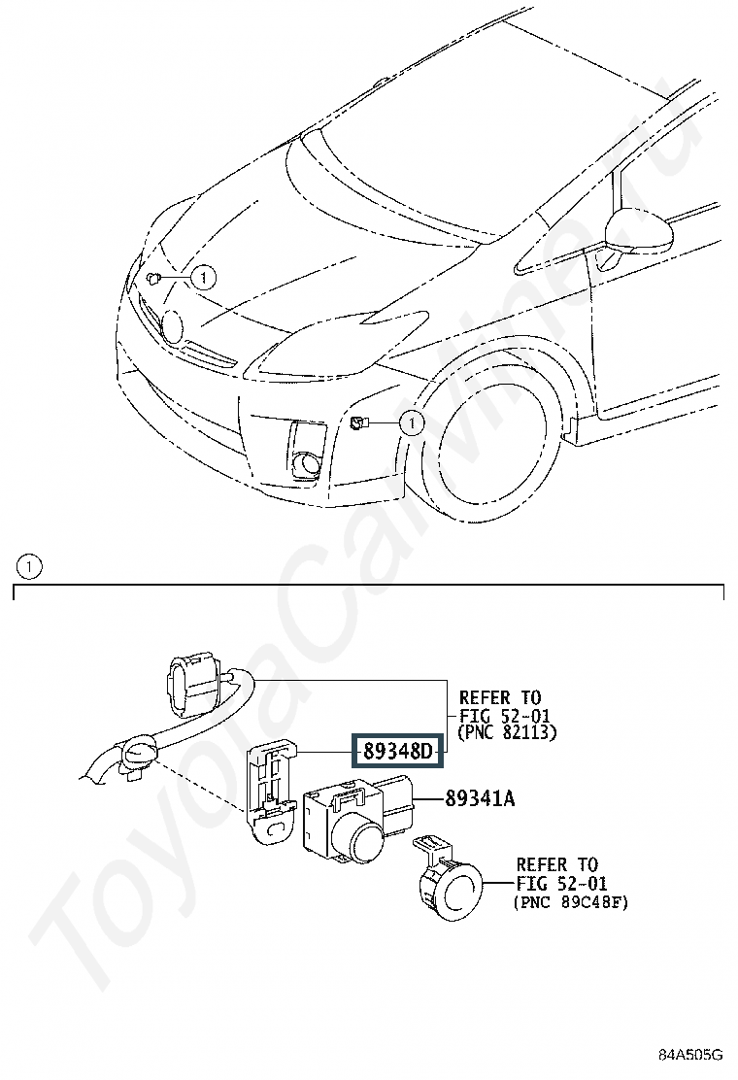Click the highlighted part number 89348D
pyautogui.click(x=397, y=751)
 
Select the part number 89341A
pyautogui.click(x=480, y=799)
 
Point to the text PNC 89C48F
pyautogui.click(x=571, y=901)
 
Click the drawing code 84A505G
pyautogui.click(x=689, y=1055)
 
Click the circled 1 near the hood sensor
pyautogui.click(x=203, y=278)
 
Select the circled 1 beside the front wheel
pyautogui.click(x=412, y=422)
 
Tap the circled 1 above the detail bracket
pyautogui.click(x=28, y=567)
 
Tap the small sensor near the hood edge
pyautogui.click(x=153, y=279)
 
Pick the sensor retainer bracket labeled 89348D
pyautogui.click(x=270, y=790)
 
